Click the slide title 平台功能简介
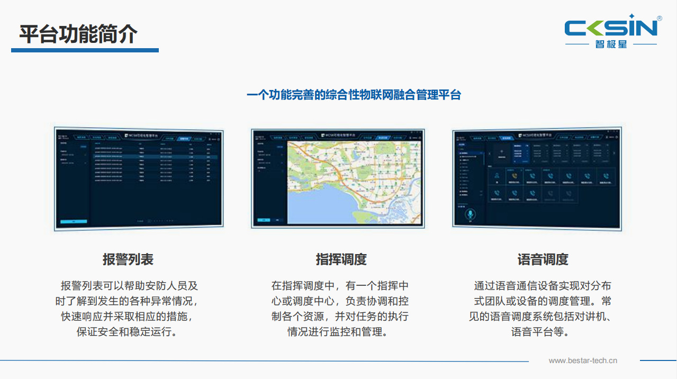[x=78, y=34]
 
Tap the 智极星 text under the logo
[x=611, y=44]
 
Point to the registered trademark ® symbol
[x=659, y=19]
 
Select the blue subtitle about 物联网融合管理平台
[x=354, y=95]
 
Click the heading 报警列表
[x=128, y=259]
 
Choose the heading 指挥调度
[x=341, y=259]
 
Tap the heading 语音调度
[x=543, y=259]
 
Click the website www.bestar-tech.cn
[x=583, y=361]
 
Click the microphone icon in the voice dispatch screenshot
[x=470, y=214]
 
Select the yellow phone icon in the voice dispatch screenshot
[x=514, y=176]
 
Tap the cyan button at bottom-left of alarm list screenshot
[x=74, y=221]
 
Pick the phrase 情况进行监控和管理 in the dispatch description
[x=337, y=332]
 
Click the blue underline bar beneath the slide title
[x=85, y=50]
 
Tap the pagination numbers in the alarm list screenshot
[x=161, y=220]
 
